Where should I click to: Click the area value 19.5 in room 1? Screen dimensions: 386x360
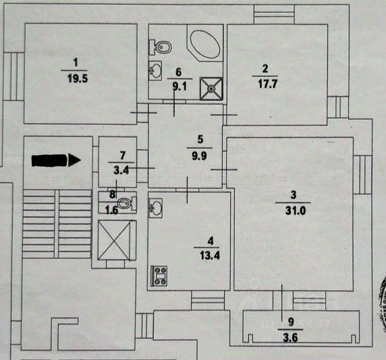(x=78, y=79)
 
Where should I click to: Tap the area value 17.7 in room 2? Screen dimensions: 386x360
(x=267, y=84)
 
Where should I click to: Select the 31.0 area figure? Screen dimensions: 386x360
(x=296, y=210)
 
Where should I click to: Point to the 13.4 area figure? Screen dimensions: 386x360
(x=210, y=256)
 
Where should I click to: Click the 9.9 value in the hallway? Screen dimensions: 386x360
(x=199, y=156)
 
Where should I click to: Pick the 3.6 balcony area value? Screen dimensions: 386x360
(x=290, y=338)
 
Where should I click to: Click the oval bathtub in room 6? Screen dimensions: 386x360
(x=205, y=44)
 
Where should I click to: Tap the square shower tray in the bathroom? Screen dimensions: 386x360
(x=211, y=88)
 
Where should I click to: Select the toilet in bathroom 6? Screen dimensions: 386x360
(x=160, y=47)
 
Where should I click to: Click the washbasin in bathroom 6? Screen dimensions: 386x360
(x=156, y=71)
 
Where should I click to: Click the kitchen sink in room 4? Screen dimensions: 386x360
(x=156, y=208)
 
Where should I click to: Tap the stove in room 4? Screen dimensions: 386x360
(x=159, y=276)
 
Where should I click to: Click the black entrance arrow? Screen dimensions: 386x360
(x=56, y=160)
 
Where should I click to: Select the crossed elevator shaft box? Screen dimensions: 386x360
(x=114, y=240)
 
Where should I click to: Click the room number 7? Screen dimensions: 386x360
(x=122, y=156)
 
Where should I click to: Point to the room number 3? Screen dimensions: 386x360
(x=293, y=195)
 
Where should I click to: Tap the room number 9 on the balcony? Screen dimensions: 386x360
(x=291, y=322)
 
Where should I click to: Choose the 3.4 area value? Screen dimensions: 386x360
(x=121, y=170)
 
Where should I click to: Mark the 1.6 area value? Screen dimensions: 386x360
(x=111, y=210)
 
